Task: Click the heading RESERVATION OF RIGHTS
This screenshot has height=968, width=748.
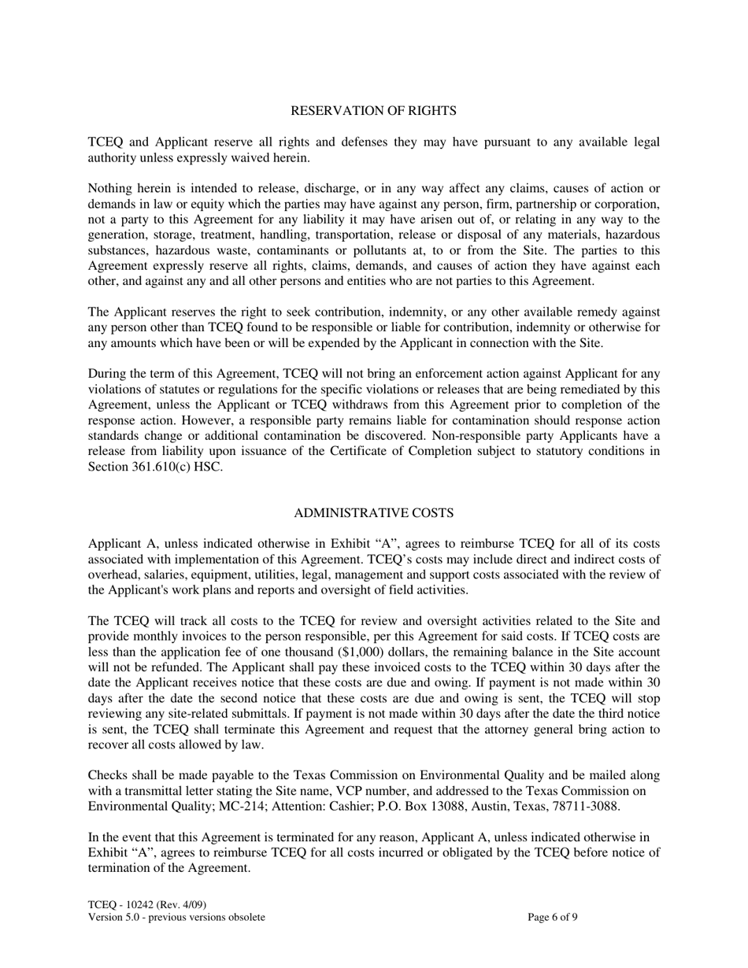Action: [x=373, y=111]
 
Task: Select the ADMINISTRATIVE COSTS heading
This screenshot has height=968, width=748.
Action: [x=373, y=513]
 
